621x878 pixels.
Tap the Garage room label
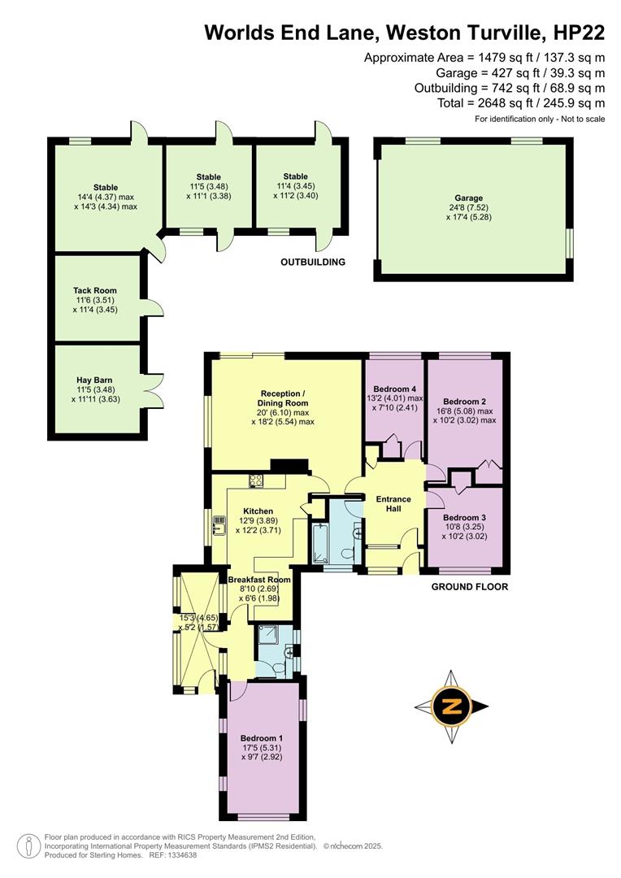point(469,198)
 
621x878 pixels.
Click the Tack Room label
point(94,290)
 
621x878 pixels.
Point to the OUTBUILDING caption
point(313,263)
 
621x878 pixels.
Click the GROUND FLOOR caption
point(469,586)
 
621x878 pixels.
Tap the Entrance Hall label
point(393,504)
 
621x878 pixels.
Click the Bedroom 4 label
point(393,388)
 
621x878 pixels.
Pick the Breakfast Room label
point(254,580)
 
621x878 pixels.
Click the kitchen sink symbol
point(219,526)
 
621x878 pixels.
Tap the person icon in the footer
point(28,845)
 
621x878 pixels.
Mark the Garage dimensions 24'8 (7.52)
point(469,207)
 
